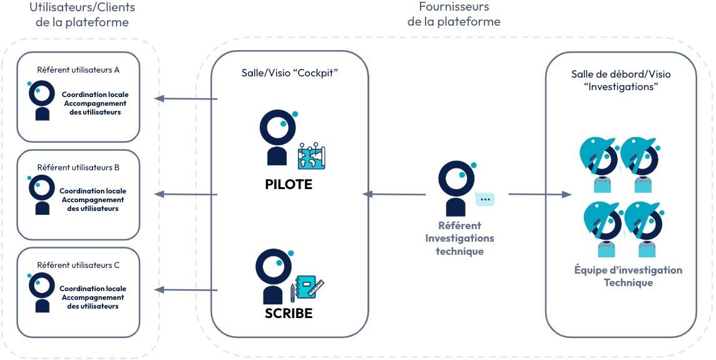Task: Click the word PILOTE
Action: pos(289,185)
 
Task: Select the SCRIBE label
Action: pos(289,313)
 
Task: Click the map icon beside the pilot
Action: pos(312,156)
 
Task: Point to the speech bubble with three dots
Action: pos(484,199)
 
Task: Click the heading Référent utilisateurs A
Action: pos(78,69)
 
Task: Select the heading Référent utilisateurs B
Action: pos(78,168)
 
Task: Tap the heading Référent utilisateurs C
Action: pos(78,265)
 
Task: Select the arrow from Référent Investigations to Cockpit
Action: pos(394,195)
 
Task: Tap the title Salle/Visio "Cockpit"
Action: pos(290,73)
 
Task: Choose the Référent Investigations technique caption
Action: pos(459,239)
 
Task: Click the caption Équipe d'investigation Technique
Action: pos(628,276)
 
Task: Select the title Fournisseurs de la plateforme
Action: pos(454,14)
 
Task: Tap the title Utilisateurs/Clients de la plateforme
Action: pos(82,15)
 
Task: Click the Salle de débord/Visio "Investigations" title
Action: pos(621,80)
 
